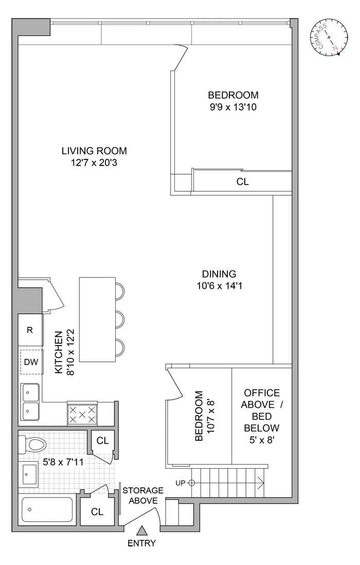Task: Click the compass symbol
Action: (x=329, y=38)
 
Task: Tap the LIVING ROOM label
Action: (x=94, y=151)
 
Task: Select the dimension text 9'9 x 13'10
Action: (x=233, y=108)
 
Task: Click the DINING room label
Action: (x=219, y=274)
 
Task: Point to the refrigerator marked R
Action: (x=30, y=330)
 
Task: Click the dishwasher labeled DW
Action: (x=31, y=362)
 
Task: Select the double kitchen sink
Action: (x=31, y=402)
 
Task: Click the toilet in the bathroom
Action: (x=32, y=444)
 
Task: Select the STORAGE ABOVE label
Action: (x=143, y=496)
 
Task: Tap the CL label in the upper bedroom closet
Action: (x=242, y=181)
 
